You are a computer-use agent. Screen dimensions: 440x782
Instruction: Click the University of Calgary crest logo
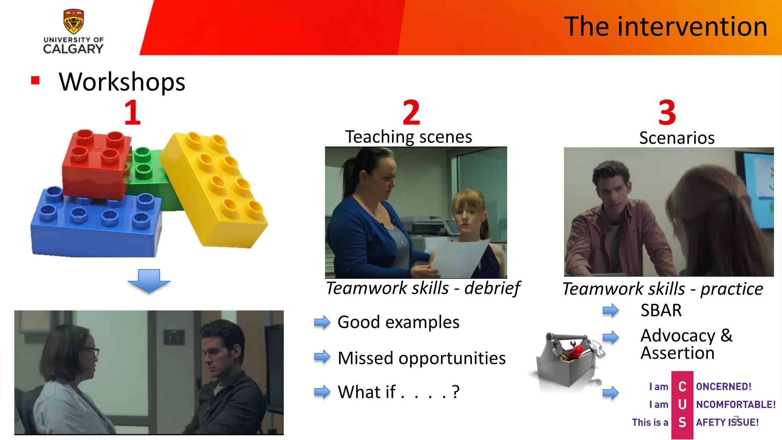(x=73, y=21)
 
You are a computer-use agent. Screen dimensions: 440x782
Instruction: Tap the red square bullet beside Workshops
(x=35, y=80)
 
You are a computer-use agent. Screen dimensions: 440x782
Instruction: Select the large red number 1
(x=132, y=112)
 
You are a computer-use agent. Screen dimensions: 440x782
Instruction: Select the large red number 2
(x=411, y=112)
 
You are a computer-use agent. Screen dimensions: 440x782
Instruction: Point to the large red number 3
(x=667, y=112)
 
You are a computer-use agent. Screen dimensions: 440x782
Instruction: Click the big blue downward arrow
(x=149, y=281)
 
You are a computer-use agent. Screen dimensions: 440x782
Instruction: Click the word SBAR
(x=661, y=310)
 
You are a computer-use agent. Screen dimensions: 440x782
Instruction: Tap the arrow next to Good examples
(x=322, y=322)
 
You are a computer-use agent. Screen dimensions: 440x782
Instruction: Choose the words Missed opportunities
(x=422, y=358)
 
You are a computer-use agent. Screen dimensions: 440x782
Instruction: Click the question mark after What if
(x=455, y=392)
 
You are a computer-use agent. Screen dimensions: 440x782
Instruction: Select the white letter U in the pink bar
(x=682, y=404)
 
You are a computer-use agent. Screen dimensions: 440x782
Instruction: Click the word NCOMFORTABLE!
(x=735, y=404)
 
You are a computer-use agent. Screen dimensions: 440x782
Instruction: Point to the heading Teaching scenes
(x=409, y=137)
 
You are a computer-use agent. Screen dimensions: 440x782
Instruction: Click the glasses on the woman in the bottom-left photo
(x=92, y=352)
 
